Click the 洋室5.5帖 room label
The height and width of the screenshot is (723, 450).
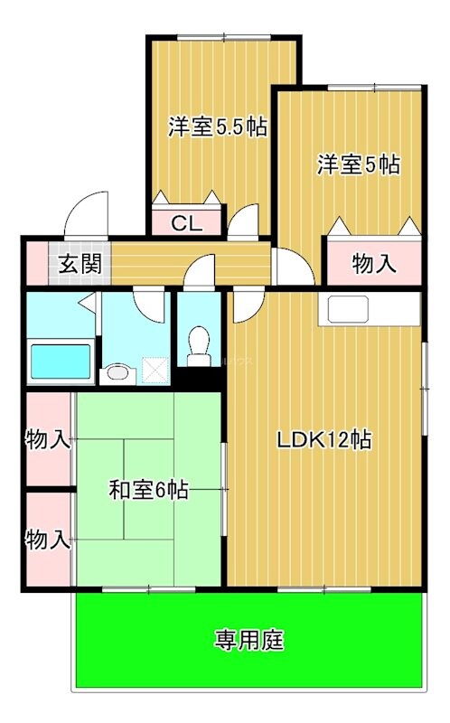pos(217,127)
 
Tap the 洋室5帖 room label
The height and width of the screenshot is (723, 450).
pos(358,164)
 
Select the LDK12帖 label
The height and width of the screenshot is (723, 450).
pos(324,439)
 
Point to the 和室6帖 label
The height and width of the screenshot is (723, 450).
pos(148,490)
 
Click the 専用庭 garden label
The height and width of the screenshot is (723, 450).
pos(249,640)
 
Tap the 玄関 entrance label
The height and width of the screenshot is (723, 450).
pos(80,264)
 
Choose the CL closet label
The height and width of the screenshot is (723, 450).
pos(187,223)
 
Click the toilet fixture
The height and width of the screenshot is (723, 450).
pos(199,346)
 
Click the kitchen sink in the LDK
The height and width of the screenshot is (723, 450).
pos(348,309)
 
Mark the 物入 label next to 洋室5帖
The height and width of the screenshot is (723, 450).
pos(374,264)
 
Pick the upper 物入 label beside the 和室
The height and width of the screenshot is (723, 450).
pos(48,439)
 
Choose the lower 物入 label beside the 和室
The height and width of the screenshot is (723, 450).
pos(48,540)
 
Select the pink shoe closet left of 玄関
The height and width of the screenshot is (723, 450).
pos(37,264)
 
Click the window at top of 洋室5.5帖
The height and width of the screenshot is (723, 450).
pos(223,37)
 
